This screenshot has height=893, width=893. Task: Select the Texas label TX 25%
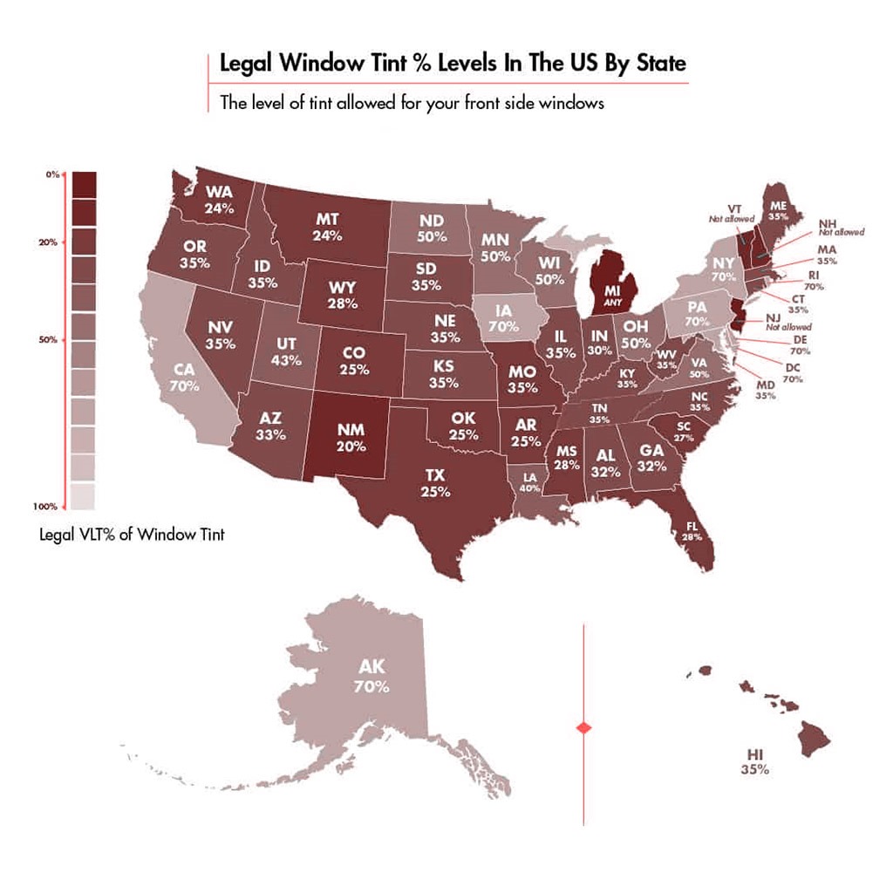[435, 483]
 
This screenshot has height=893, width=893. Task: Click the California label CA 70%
[185, 376]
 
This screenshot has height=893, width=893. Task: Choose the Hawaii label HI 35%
[755, 760]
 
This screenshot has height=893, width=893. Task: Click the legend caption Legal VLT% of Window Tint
[133, 534]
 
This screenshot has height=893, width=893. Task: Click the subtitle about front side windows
[412, 103]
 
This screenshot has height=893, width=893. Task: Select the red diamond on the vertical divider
[583, 726]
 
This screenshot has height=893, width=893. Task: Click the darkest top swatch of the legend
[85, 185]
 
